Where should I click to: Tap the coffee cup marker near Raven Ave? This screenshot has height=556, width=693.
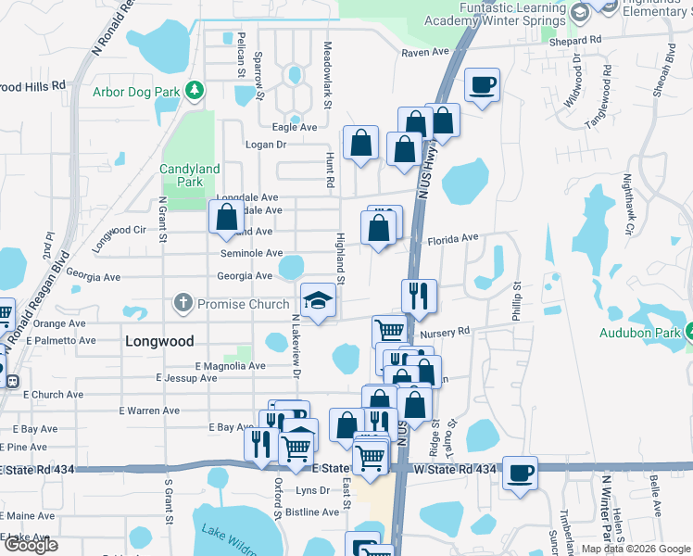(x=482, y=86)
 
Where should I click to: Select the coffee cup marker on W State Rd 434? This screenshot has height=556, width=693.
(x=520, y=472)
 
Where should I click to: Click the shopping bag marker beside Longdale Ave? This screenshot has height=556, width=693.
(x=226, y=218)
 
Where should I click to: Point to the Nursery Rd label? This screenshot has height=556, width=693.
(x=445, y=331)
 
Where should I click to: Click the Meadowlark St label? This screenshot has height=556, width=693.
(x=327, y=59)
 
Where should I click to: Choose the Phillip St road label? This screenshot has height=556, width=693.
(x=516, y=302)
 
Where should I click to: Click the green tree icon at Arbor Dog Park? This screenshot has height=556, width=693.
(x=195, y=90)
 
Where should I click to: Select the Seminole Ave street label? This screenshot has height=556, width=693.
(x=251, y=253)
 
